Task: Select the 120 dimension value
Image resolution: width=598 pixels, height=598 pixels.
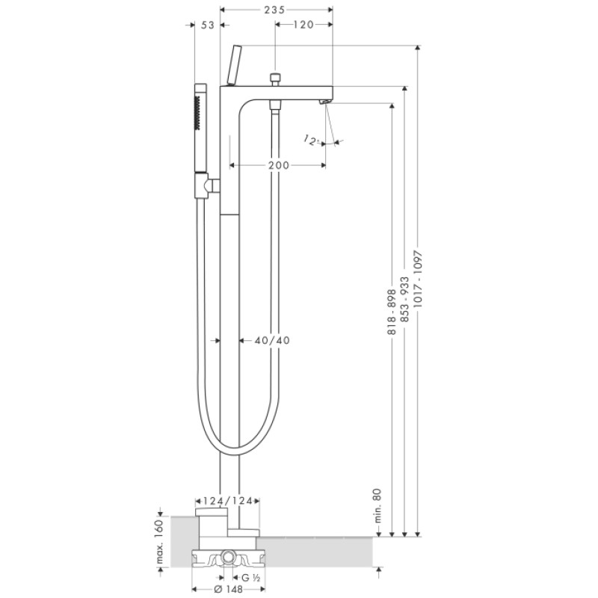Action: tap(303, 25)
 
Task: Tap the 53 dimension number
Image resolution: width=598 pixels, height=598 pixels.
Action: tap(208, 25)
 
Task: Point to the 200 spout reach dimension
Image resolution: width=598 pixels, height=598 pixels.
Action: tap(278, 165)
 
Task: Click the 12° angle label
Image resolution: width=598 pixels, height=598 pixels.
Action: tap(312, 139)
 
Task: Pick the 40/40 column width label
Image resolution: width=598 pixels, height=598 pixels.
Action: tap(271, 340)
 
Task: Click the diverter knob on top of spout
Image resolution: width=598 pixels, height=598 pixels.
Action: tap(276, 78)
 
